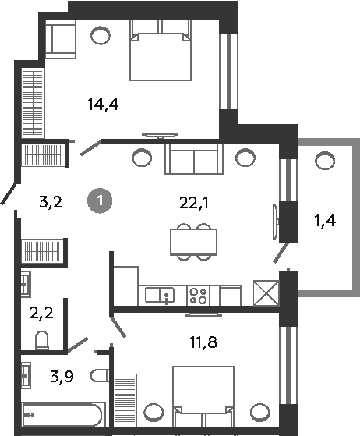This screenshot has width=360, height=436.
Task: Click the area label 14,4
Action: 103,105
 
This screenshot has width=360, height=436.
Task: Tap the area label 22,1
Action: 194,203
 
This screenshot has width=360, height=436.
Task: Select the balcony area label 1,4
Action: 325,221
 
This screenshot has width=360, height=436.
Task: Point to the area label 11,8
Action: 203,342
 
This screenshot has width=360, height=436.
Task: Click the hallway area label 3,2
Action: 51,202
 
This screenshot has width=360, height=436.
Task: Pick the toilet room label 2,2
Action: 41,313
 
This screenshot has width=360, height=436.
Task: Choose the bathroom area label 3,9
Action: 62,377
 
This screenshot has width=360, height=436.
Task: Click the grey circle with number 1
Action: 100,200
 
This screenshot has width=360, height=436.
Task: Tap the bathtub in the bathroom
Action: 62,415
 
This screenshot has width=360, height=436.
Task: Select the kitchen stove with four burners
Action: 199,296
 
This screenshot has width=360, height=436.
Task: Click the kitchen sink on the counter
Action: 160,296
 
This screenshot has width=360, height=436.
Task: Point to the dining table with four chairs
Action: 193,242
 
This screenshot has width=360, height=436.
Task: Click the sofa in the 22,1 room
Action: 193,159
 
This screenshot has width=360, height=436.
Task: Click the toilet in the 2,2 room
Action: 42,340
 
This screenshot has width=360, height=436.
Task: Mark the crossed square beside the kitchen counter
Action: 266,293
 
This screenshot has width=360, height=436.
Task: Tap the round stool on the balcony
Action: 325,161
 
